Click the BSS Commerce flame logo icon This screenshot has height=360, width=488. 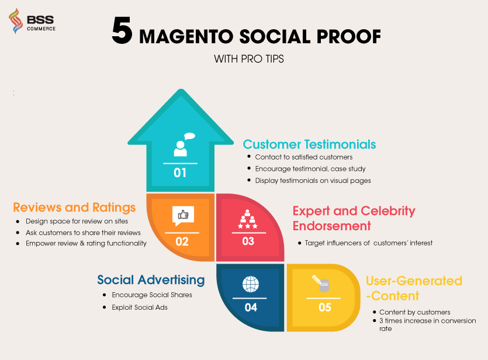pyautogui.click(x=16, y=21)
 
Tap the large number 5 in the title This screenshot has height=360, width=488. pyautogui.click(x=122, y=30)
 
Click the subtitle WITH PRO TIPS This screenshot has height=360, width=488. pyautogui.click(x=248, y=59)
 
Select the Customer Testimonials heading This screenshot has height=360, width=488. pyautogui.click(x=309, y=144)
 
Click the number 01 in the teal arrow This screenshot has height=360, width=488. pyautogui.click(x=180, y=172)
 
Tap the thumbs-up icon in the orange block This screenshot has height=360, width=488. pyautogui.click(x=183, y=216)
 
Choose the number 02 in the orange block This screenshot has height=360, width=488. pyautogui.click(x=182, y=242)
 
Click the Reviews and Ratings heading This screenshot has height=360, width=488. pyautogui.click(x=74, y=207)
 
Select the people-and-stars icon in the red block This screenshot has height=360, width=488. pyautogui.click(x=248, y=219)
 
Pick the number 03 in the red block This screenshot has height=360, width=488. pyautogui.click(x=248, y=241)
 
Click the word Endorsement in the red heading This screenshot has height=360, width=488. pyautogui.click(x=332, y=226)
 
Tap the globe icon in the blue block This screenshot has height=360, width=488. pyautogui.click(x=251, y=284)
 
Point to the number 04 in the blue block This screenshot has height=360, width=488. pyautogui.click(x=251, y=307)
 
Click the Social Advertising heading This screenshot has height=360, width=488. pyautogui.click(x=151, y=280)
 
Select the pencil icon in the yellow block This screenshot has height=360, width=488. pyautogui.click(x=321, y=283)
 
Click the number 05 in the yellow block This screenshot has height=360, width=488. pyautogui.click(x=324, y=307)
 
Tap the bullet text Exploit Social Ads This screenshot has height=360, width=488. pyautogui.click(x=140, y=307)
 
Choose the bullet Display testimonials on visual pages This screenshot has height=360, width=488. pyautogui.click(x=313, y=181)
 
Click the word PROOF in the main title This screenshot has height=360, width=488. pyautogui.click(x=349, y=36)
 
